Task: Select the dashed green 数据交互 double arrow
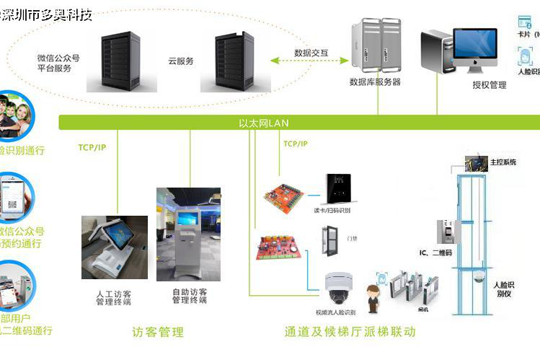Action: pos(311,62)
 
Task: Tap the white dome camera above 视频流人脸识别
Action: pos(337,289)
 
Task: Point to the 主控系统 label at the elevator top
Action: pos(503,162)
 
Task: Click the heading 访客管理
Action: pos(158,333)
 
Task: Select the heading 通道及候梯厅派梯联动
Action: pos(350,333)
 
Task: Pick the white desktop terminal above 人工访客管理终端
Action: pos(113,246)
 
